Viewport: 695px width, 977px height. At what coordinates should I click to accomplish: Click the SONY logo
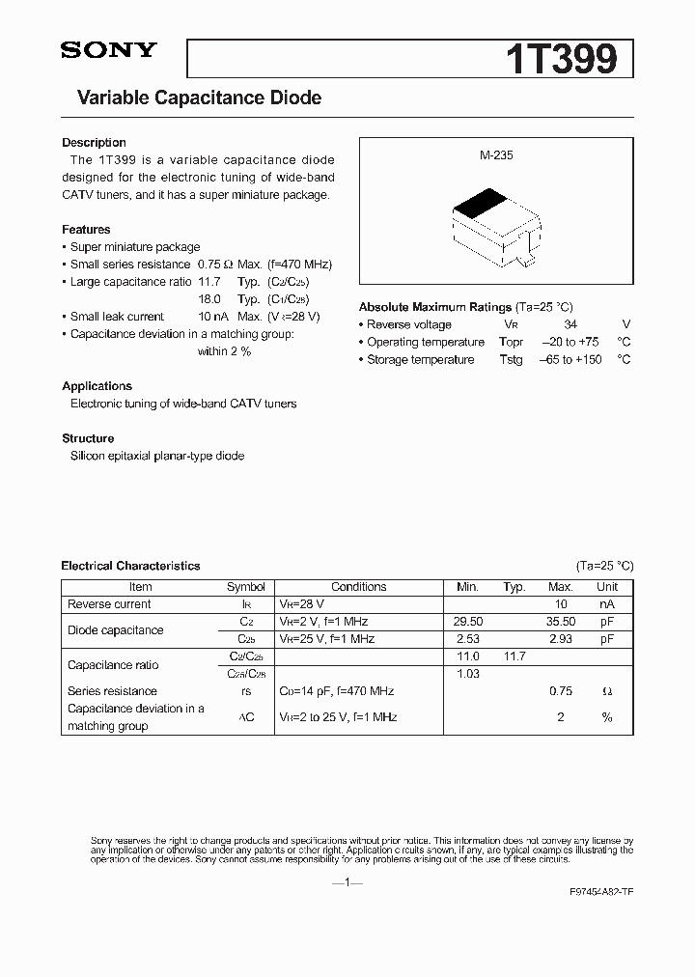tap(108, 51)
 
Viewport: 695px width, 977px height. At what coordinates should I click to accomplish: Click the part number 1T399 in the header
tap(561, 59)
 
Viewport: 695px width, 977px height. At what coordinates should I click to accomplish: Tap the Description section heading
tap(94, 143)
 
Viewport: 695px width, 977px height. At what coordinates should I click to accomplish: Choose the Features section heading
tap(86, 230)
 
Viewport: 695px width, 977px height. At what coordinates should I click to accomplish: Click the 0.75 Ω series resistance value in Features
tap(215, 265)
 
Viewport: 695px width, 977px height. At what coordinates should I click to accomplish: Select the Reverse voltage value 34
tap(570, 324)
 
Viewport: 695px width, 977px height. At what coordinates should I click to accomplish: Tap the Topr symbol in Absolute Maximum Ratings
tap(511, 342)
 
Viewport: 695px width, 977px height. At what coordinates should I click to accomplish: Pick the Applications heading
tap(97, 386)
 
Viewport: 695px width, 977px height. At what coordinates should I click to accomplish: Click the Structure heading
tap(88, 438)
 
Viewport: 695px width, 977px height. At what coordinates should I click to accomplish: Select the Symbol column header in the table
tap(245, 587)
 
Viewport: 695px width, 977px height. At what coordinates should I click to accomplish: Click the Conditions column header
tap(358, 587)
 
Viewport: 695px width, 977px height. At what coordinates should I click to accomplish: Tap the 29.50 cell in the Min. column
tap(467, 622)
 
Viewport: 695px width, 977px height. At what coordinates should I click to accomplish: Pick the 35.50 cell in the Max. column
tap(560, 622)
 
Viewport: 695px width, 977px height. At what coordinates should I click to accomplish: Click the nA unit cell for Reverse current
tap(607, 604)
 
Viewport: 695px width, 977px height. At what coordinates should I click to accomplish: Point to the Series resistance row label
tap(112, 691)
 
